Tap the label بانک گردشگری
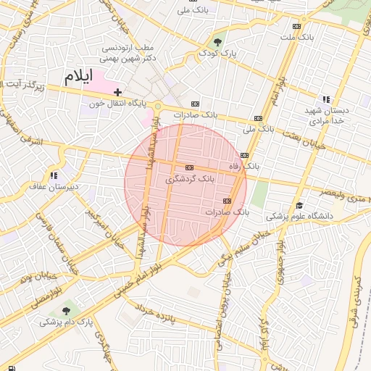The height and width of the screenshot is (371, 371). point(191,178)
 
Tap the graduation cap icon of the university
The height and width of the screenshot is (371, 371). point(299,205)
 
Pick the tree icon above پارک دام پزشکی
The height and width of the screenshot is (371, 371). point(68,310)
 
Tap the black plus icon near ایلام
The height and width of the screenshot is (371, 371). point(117,93)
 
